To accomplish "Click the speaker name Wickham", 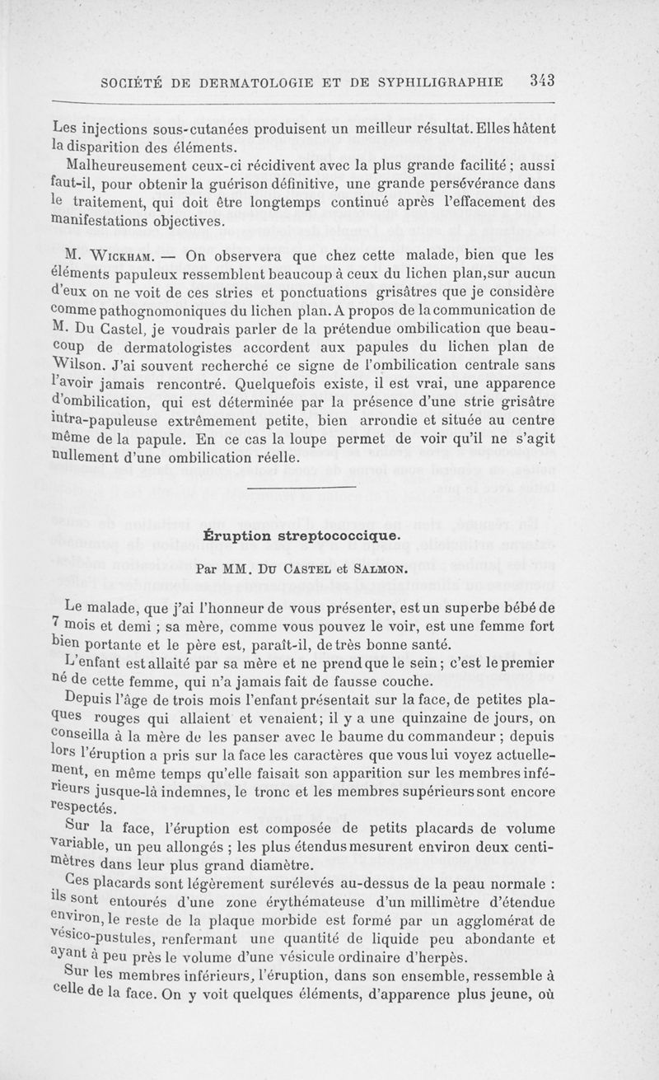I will (115, 255).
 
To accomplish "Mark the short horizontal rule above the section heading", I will (301, 490).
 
